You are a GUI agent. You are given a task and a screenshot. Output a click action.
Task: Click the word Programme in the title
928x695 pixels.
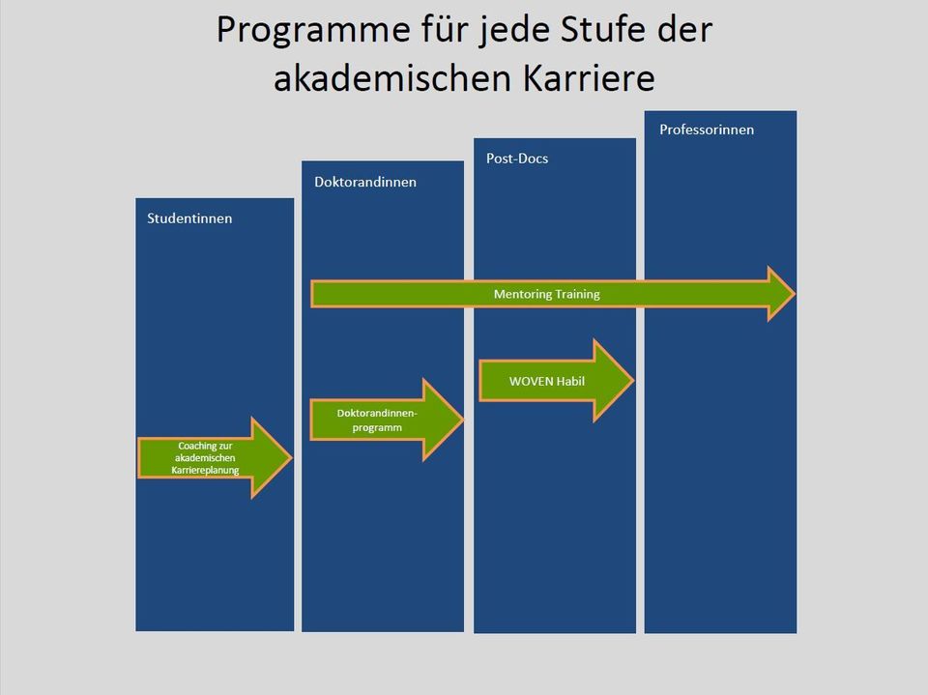pos(313,31)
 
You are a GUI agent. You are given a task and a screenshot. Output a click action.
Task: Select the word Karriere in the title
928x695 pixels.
pos(589,77)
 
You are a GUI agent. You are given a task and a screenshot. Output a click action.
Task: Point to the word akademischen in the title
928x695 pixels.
pos(392,77)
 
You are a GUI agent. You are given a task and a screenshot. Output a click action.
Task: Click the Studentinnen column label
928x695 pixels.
pos(189,218)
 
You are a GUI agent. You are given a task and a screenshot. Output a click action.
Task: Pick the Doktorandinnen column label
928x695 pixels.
pos(365,182)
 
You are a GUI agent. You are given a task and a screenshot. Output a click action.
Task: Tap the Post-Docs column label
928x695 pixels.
pos(517,159)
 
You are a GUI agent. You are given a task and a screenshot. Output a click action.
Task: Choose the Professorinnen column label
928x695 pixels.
pos(707,130)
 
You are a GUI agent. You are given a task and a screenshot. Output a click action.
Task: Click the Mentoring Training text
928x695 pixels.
pos(547,294)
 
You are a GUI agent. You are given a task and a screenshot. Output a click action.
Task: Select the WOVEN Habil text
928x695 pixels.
pos(547,381)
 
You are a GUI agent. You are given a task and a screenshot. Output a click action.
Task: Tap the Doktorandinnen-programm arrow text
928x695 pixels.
pos(377,420)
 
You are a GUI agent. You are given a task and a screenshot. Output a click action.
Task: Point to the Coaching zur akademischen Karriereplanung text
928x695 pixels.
pos(205,457)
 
